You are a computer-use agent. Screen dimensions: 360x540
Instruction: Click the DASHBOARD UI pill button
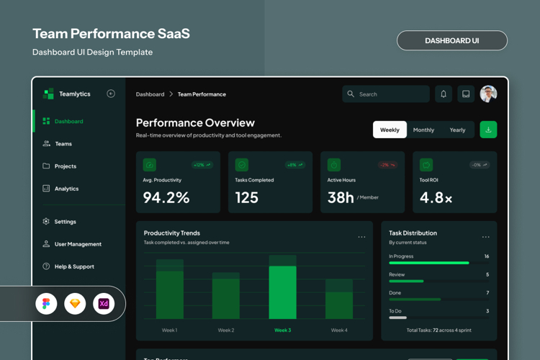[451, 40]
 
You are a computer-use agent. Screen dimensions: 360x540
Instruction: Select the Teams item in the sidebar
[63, 144]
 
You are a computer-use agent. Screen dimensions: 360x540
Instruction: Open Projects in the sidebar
[65, 166]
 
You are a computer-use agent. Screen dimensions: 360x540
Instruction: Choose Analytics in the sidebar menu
[66, 189]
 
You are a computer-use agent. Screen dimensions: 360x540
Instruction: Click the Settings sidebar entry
[65, 222]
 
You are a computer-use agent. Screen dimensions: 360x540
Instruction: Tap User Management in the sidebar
[77, 244]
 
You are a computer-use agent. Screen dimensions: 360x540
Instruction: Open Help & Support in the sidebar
[74, 266]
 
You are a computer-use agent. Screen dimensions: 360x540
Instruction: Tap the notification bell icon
[444, 94]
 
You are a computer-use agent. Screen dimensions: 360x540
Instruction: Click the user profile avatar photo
[488, 94]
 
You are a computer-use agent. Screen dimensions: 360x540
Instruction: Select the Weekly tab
[390, 130]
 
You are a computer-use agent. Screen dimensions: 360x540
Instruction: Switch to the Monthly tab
[423, 130]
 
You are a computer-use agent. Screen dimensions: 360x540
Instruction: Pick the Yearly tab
[457, 130]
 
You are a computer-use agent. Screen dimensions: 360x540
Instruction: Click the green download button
[488, 130]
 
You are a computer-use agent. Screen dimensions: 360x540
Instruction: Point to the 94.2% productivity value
[166, 197]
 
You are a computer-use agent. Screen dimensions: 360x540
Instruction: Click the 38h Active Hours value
[341, 197]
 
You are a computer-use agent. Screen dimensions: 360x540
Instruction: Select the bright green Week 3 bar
[283, 292]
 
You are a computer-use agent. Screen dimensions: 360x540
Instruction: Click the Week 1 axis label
[169, 330]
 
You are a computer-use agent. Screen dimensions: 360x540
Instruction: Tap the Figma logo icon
[46, 304]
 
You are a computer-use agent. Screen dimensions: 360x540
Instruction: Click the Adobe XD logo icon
[104, 304]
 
